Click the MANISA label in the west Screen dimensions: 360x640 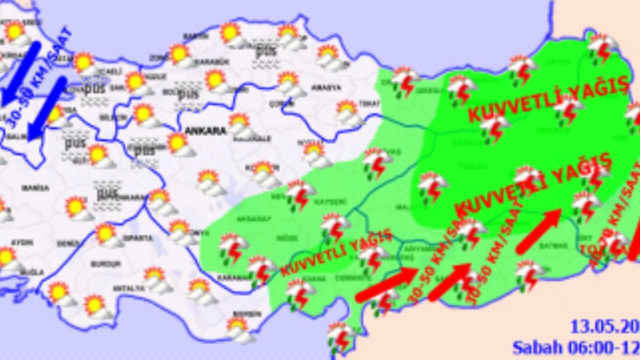tap(35, 188)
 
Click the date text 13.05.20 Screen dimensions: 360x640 tap(604, 327)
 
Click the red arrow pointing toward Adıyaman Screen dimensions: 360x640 tap(386, 285)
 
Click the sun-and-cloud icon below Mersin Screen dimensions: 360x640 tap(239, 330)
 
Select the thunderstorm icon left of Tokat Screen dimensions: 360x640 tap(405, 81)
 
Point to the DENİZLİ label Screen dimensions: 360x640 tap(68, 244)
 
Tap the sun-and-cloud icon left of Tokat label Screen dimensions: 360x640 tap(349, 113)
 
